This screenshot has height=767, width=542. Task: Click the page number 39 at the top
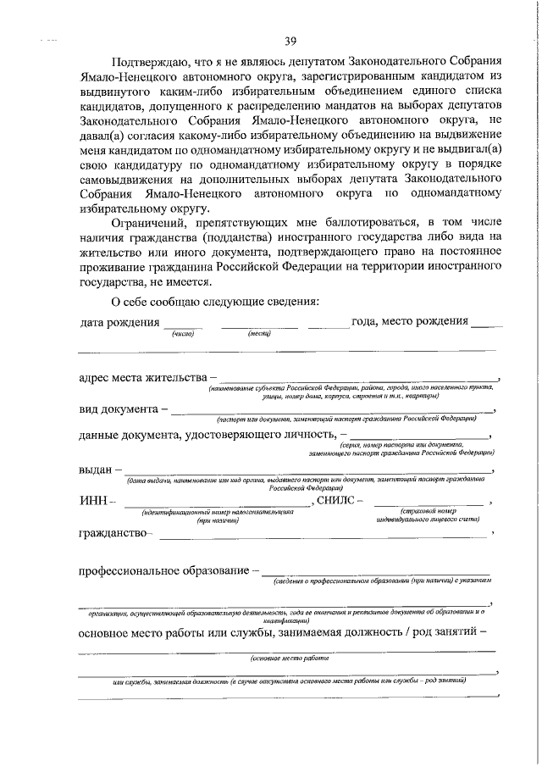(290, 41)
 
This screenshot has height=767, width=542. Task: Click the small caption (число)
(183, 334)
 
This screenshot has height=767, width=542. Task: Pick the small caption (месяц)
(258, 334)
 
